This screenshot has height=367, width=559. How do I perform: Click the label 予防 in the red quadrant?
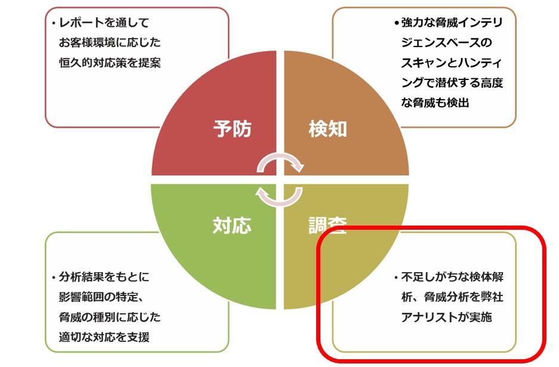[x=232, y=129]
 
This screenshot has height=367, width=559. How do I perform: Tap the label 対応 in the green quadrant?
[x=232, y=225]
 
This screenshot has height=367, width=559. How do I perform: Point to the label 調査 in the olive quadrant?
[x=328, y=225]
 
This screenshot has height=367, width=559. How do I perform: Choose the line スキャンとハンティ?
[x=453, y=63]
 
